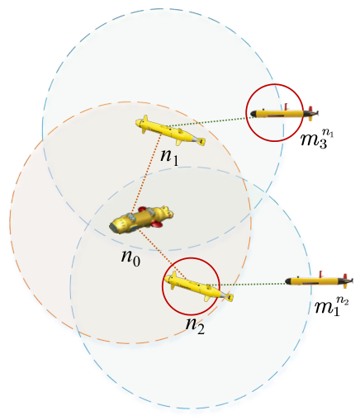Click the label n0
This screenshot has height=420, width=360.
tap(131, 258)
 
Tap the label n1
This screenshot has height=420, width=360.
tap(169, 158)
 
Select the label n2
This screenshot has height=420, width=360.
tap(195, 326)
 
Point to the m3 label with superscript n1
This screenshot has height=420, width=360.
tap(317, 139)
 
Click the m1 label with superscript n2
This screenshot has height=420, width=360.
tap(332, 306)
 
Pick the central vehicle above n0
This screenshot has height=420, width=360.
tap(141, 219)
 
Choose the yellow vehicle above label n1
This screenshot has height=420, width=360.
tap(170, 130)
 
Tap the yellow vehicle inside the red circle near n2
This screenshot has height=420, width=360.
tap(199, 286)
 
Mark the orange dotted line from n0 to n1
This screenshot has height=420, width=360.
tap(146, 172)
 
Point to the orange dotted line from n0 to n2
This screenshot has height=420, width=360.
tap(160, 252)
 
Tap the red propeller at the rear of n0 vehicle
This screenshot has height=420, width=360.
tap(157, 224)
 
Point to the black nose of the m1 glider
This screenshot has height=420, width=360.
tap(288, 281)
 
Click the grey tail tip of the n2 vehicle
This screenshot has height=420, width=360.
tap(230, 297)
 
